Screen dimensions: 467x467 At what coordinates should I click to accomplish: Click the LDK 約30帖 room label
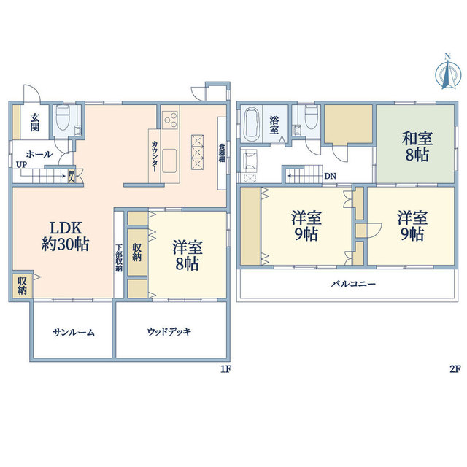tap(65, 236)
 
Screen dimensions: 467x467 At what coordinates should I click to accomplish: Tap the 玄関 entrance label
tap(34, 122)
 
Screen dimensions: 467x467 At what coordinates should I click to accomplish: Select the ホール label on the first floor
tap(39, 154)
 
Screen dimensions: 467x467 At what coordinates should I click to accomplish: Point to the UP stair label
tap(21, 165)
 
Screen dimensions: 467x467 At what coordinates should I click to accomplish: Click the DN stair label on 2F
tap(331, 176)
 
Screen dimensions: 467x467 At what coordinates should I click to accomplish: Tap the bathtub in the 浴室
tap(251, 125)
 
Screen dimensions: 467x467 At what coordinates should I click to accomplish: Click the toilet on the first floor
tap(63, 117)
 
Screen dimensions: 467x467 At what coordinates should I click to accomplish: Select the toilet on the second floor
tap(311, 117)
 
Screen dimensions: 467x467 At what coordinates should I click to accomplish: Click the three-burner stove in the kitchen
tap(170, 120)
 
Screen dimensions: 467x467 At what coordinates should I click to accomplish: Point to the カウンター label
tap(155, 156)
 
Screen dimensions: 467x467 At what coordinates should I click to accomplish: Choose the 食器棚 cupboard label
tap(222, 153)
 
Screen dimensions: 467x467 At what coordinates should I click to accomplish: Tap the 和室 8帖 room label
tap(417, 147)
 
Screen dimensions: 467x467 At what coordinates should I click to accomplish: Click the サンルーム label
tap(74, 332)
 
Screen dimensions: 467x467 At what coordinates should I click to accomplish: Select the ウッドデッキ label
tap(169, 331)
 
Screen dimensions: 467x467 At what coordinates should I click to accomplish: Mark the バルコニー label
tap(353, 284)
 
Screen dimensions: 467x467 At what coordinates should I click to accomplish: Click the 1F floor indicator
tap(225, 369)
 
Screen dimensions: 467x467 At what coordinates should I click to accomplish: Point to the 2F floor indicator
tap(455, 369)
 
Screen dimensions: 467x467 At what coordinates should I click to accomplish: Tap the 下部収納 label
tap(119, 258)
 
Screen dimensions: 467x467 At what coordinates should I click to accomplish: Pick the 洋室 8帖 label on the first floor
tap(188, 255)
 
